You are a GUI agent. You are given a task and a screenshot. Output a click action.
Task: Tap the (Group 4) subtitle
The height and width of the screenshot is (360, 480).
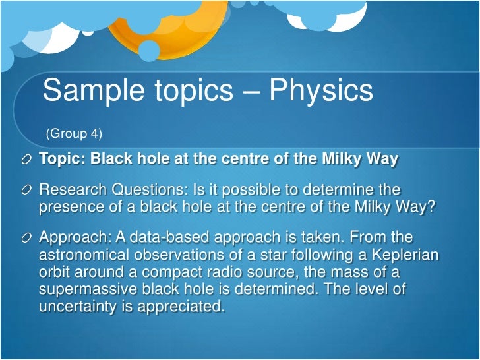74,134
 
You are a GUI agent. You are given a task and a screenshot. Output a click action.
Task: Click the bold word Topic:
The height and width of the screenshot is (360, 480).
63,160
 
